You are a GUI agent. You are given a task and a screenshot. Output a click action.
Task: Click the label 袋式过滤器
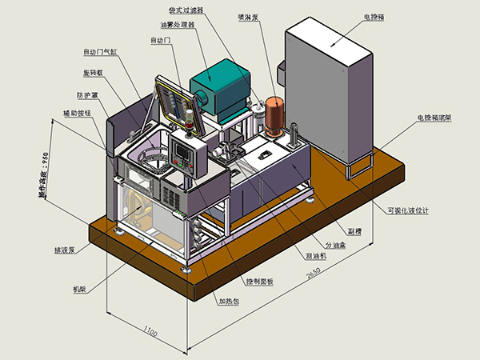pos(186,10)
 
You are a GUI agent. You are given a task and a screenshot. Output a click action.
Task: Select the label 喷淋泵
pos(249,16)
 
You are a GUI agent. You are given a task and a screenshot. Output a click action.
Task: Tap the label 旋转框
pos(95,74)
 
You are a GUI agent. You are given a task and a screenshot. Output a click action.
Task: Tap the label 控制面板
pos(259,282)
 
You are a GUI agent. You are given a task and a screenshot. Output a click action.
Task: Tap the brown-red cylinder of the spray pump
pos(276,114)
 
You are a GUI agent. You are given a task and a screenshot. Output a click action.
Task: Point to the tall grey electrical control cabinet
pos(328,88)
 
